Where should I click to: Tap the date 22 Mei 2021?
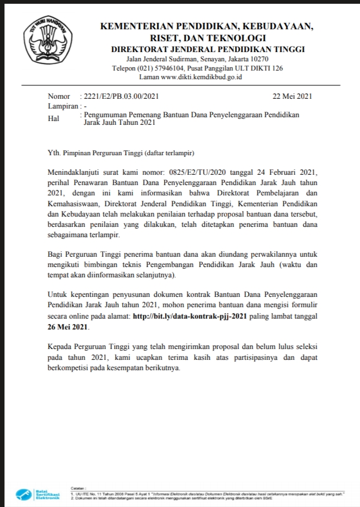pyautogui.click(x=293, y=96)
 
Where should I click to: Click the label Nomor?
pyautogui.click(x=59, y=96)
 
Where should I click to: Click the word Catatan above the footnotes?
pyautogui.click(x=78, y=488)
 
